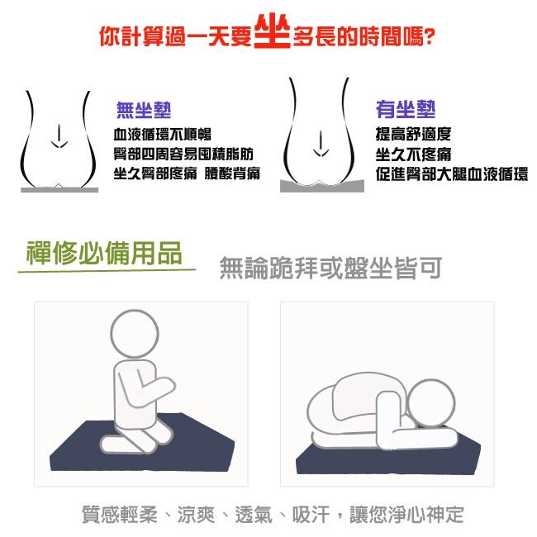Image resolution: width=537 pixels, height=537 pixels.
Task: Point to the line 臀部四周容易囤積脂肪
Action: coord(183,154)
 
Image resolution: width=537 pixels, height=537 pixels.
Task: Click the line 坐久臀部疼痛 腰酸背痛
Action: coord(187,173)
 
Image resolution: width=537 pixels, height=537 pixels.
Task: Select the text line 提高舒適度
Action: coord(413,135)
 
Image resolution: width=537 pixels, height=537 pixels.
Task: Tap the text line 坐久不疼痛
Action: coord(413,154)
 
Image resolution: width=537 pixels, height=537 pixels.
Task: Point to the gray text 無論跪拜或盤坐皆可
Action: coord(330,268)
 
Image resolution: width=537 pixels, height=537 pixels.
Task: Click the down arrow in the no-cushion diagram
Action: coord(56,138)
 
